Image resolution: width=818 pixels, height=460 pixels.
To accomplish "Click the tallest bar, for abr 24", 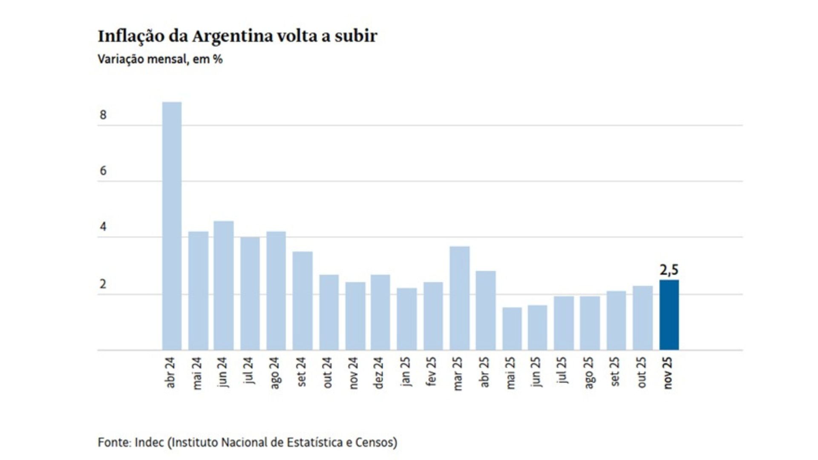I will point(172,226).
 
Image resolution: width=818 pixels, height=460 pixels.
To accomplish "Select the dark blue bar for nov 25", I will point(669,315).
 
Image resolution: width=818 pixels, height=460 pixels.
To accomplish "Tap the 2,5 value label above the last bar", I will point(669,270).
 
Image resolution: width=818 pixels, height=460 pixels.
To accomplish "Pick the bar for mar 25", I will point(459,298).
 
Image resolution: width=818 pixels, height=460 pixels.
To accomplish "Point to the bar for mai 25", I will point(512,329).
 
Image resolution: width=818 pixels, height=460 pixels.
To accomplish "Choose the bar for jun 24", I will point(224,285).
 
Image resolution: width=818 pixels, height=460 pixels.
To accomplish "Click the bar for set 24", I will point(302,301).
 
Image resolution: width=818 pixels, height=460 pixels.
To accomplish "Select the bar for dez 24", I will point(380,312).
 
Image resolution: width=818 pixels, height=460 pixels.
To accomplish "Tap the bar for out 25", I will point(642,318).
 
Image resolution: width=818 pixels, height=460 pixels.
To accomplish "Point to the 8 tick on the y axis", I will point(103,115).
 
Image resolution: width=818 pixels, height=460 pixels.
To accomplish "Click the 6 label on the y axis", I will point(103,171).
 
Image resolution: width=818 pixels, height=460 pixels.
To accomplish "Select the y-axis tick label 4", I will point(103,227).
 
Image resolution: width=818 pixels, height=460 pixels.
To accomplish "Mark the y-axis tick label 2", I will point(103,284).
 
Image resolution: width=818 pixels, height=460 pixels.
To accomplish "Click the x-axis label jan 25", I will point(406,372).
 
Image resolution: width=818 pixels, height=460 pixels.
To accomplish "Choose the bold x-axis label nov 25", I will point(668,373).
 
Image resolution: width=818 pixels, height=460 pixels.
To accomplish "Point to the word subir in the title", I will point(356,36).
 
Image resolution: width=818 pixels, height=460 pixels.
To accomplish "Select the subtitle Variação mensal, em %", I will point(160,59).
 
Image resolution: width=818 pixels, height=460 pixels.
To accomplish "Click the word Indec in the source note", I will point(149,443).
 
